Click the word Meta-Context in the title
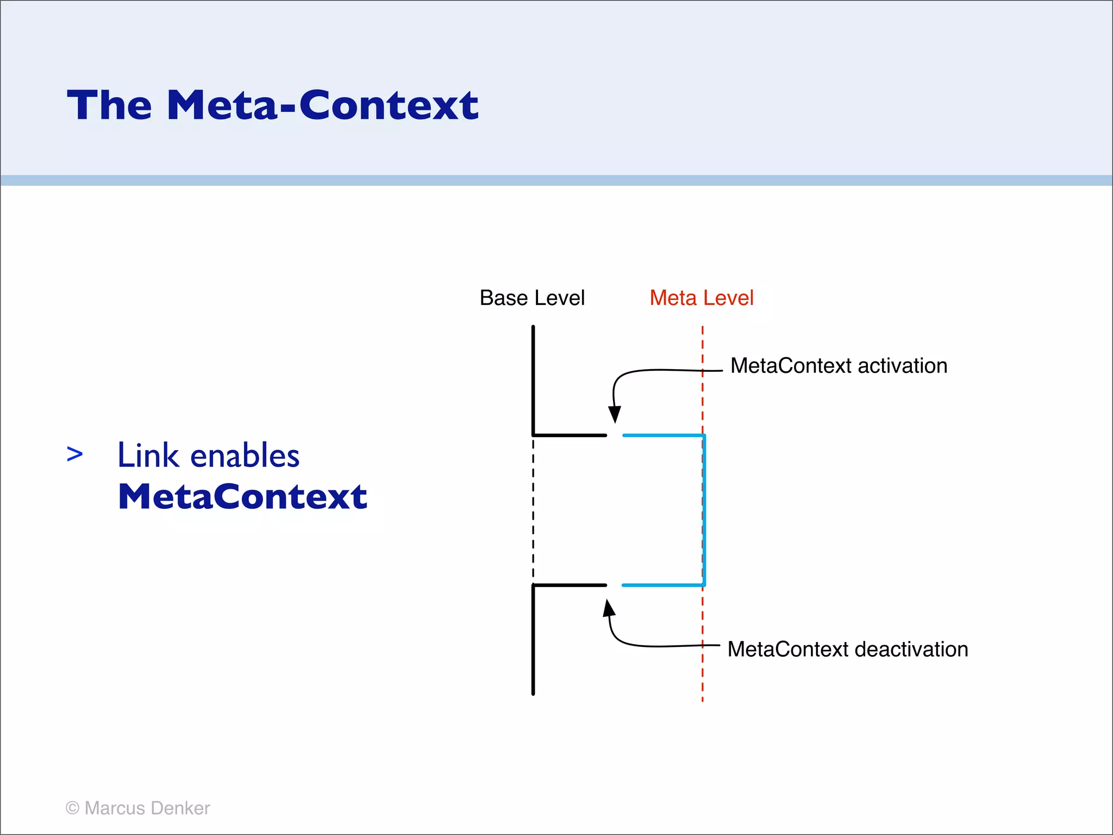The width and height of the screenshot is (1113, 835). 323,105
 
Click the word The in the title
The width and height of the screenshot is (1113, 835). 109,105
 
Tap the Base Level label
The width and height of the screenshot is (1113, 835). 532,298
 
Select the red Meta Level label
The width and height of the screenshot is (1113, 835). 701,298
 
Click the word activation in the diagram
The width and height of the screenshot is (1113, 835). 902,366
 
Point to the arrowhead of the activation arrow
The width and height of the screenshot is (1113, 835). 615,415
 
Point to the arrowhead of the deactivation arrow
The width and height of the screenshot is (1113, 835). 609,608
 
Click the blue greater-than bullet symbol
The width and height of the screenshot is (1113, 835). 74,454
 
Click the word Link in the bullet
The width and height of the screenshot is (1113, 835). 148,455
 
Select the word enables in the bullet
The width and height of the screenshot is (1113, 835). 245,455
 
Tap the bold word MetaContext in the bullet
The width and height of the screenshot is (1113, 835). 242,496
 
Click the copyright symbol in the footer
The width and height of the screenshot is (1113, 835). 72,808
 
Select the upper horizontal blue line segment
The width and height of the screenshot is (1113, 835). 663,435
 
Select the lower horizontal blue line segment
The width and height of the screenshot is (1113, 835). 663,585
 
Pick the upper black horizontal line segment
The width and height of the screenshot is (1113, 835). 570,435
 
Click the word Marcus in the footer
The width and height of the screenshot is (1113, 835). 115,808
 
